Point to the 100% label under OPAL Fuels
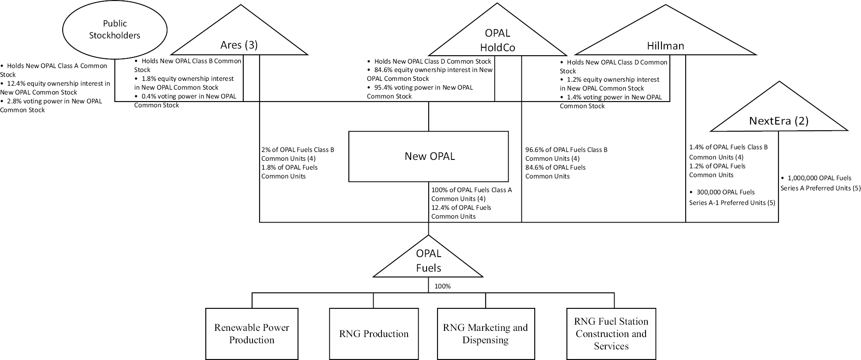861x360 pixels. click(442, 286)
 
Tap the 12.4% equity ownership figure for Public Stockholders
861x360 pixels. click(17, 83)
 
